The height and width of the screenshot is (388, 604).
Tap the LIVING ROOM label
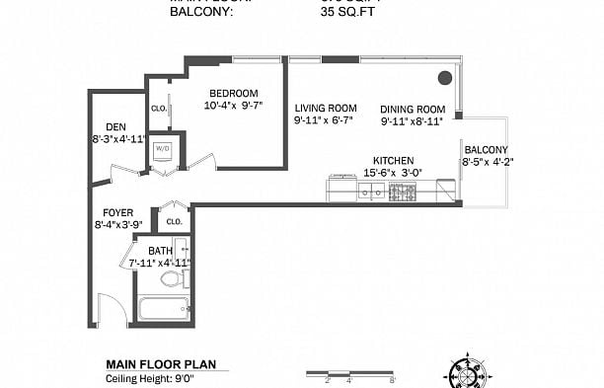point(325,108)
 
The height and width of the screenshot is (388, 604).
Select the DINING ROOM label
point(414,109)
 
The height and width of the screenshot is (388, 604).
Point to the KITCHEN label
point(393,160)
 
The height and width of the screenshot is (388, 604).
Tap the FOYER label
point(118,212)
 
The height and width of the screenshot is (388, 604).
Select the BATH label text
point(160,251)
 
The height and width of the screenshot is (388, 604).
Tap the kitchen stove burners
point(403,191)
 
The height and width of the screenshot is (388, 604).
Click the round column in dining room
point(445,77)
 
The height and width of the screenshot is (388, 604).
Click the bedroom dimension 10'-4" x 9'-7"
point(235,106)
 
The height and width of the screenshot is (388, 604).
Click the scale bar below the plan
point(349,375)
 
